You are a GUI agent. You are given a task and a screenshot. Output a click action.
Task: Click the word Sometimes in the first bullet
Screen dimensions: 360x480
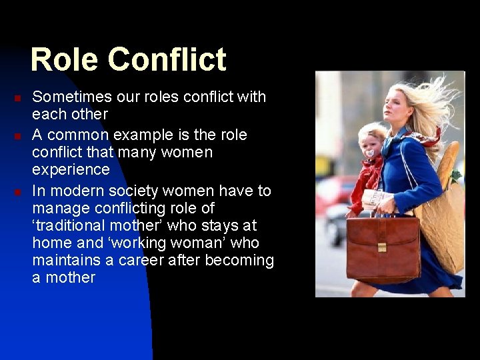(x=70, y=97)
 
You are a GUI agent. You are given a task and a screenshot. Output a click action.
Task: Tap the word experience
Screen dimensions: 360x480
(x=71, y=170)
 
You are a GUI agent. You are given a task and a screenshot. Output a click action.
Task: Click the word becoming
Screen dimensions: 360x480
(x=239, y=261)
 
